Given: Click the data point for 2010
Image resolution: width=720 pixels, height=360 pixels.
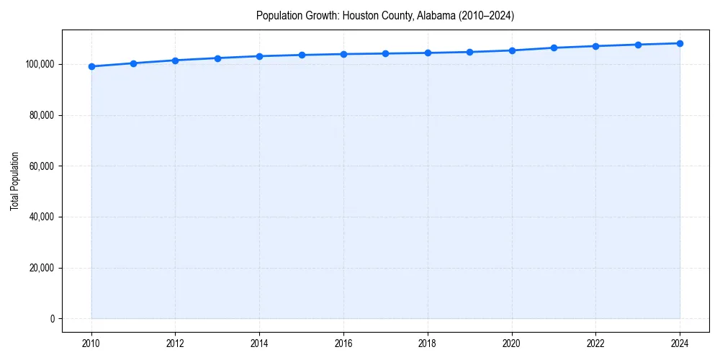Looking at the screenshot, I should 91,66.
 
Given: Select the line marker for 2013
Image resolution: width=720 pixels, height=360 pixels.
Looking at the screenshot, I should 217,58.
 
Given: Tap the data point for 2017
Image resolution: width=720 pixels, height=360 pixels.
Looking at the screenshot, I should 385,53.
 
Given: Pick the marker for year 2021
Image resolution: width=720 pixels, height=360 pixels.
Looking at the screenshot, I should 554,48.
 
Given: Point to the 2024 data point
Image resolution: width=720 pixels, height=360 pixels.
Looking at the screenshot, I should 680,43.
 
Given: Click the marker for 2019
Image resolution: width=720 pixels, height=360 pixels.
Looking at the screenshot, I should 469,52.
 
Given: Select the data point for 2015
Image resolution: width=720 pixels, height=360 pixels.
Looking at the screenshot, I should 302,55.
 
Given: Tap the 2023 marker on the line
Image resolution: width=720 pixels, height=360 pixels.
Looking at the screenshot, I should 638,45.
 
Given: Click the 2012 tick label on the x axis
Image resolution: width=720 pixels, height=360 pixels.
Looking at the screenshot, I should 176,343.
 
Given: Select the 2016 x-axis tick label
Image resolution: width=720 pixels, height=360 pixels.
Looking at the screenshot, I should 343,343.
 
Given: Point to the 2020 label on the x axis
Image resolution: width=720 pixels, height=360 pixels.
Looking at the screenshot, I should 512,343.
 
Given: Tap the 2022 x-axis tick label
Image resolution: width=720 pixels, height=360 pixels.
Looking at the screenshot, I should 595,343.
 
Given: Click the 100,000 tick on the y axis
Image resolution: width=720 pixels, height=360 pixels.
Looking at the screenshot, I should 40,64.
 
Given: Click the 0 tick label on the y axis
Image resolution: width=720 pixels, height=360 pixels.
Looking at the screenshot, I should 51,319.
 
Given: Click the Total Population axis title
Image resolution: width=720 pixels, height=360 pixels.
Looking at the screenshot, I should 14,181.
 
